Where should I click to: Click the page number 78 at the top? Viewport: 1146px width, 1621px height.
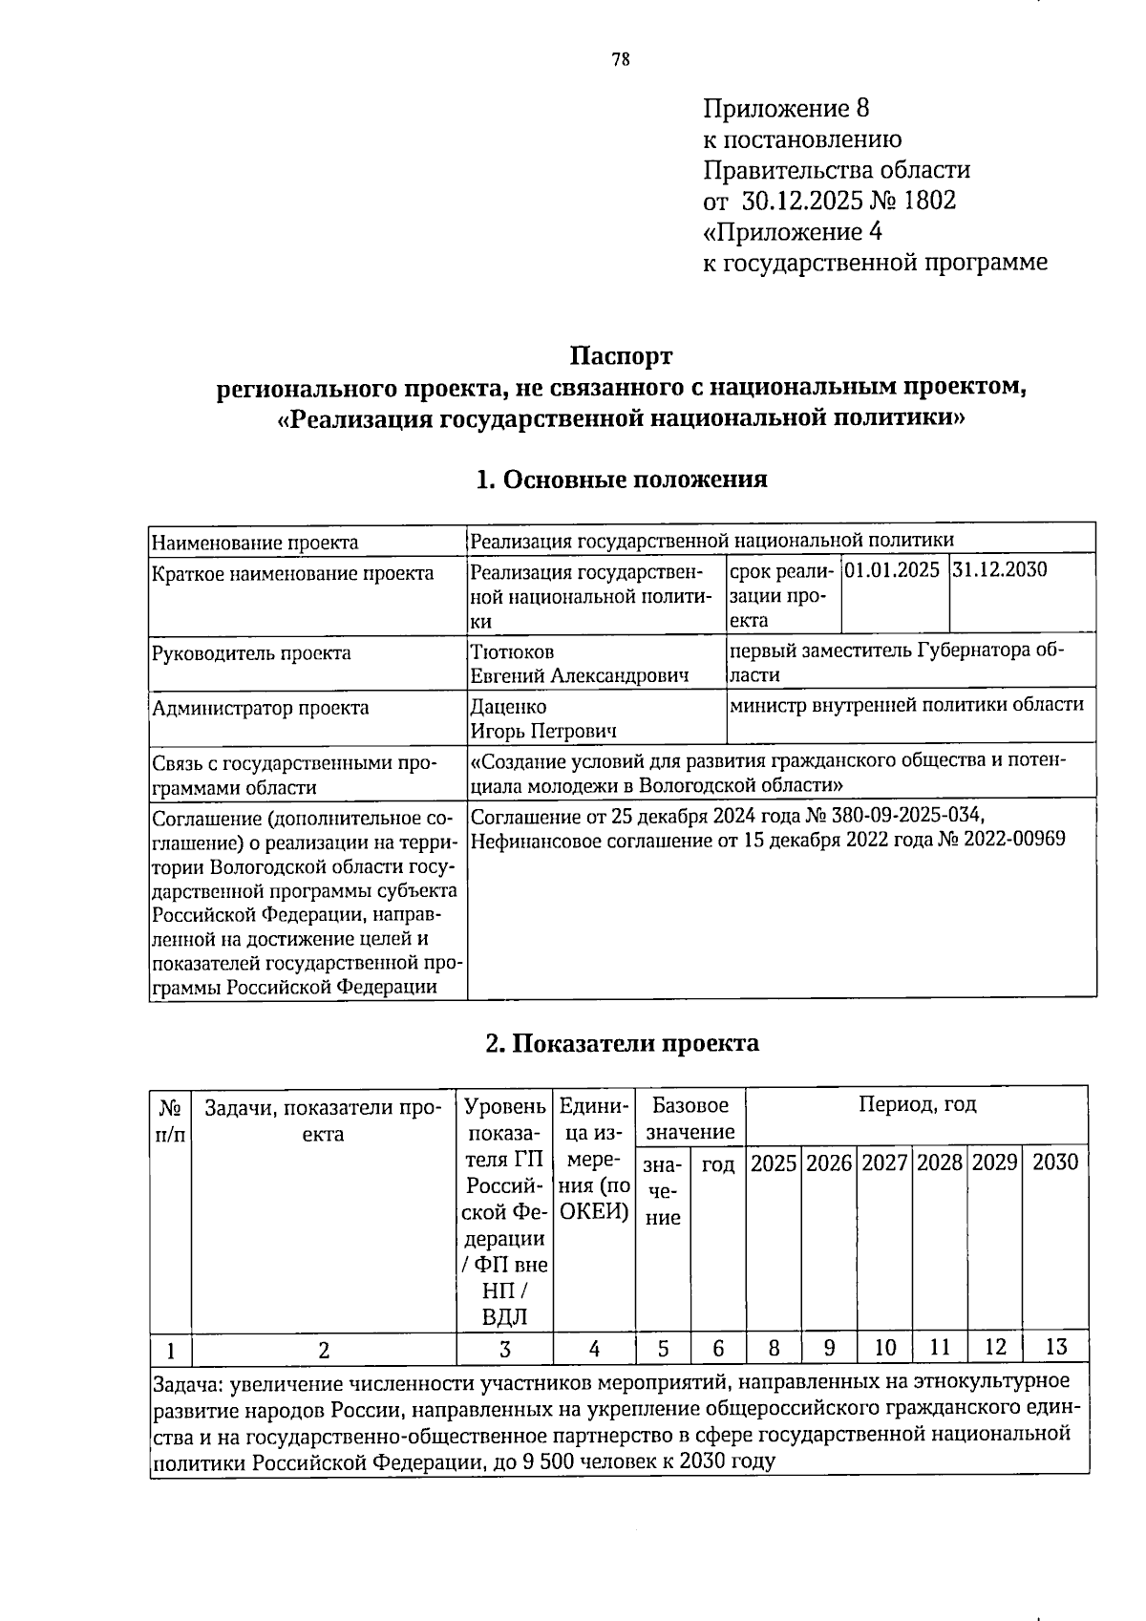click(621, 60)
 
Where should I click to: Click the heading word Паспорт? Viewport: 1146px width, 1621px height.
click(622, 356)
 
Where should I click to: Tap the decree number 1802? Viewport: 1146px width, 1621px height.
click(928, 201)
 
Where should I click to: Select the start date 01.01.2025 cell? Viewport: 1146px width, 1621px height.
click(893, 570)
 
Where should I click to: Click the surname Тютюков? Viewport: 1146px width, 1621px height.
click(512, 652)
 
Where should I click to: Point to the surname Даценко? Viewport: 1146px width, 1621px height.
click(509, 708)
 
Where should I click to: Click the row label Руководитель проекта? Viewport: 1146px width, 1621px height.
click(251, 653)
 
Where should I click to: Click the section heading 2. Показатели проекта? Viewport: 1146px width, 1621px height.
click(622, 1042)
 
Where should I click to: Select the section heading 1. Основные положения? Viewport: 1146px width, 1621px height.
click(622, 479)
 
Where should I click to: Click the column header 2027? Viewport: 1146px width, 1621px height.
click(884, 1162)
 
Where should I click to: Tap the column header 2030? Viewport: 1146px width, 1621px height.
click(1055, 1162)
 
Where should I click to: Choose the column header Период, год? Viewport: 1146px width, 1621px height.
click(917, 1106)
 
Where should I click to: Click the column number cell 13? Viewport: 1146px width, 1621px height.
click(1055, 1348)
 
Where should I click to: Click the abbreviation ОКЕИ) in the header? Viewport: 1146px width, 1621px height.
click(594, 1212)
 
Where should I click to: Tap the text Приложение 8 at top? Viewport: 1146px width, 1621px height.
click(786, 108)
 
